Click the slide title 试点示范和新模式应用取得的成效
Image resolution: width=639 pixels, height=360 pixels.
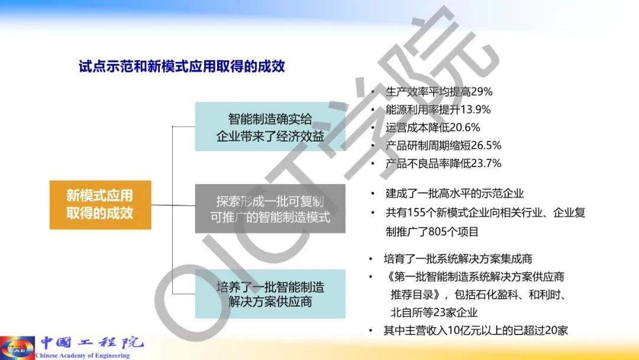point(182,66)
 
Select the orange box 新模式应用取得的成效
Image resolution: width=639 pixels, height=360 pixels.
point(100,205)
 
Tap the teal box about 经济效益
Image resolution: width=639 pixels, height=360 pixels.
point(270,127)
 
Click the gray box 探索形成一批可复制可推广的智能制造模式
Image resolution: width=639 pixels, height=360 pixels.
point(270,209)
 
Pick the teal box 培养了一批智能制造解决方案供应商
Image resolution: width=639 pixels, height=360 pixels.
point(270,294)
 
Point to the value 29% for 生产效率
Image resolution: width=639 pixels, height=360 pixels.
point(481,92)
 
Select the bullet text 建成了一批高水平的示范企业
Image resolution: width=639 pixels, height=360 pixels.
point(455,193)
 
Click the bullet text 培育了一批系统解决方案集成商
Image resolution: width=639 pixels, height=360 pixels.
point(458,259)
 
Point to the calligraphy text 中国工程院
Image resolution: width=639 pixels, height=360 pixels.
point(92,342)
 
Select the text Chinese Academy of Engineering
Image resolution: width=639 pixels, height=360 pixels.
point(83,355)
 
